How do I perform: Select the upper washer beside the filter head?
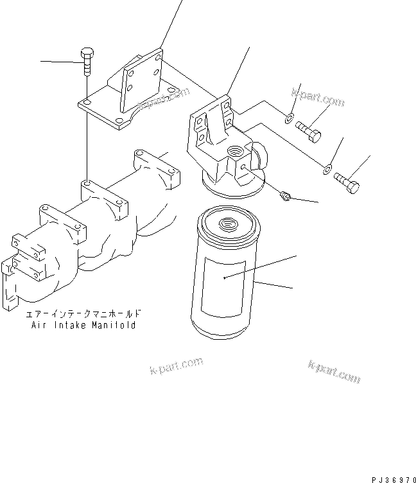290,117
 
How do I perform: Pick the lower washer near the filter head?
327,169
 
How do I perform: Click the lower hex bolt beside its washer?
347,182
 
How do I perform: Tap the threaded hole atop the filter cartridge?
227,224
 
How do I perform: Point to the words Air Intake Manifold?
83,326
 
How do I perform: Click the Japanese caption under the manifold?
83,315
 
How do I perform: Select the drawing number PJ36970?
392,479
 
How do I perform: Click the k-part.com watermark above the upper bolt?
317,100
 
